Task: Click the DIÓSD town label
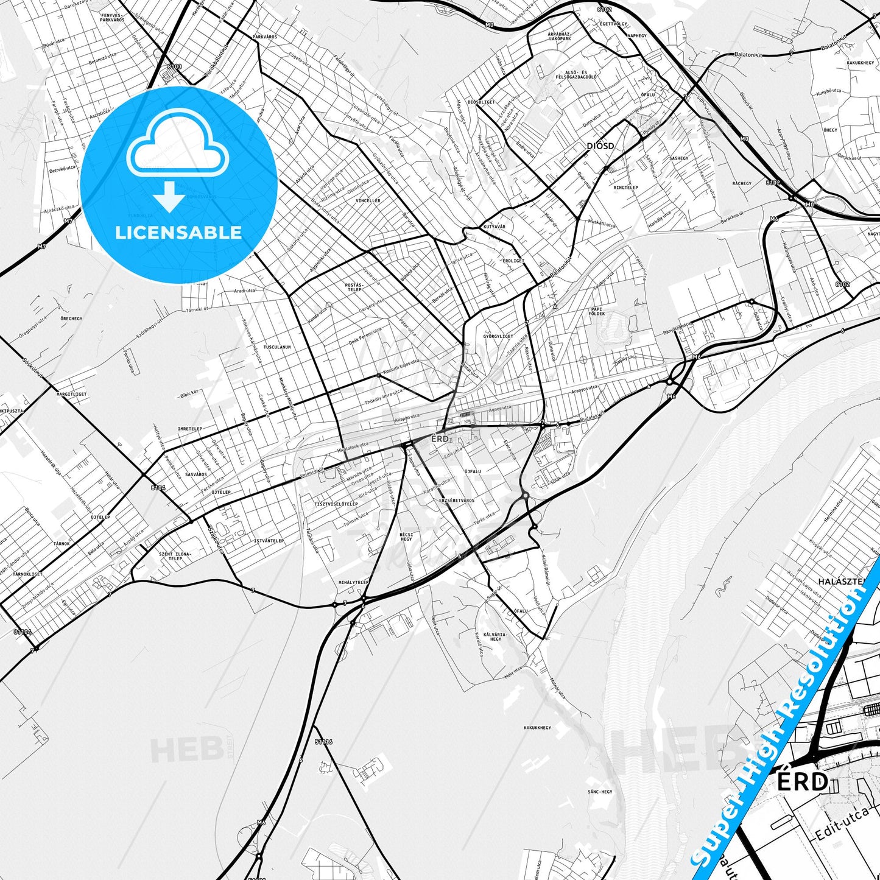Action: point(600,146)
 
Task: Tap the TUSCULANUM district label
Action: point(277,347)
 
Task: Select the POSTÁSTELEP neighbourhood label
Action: point(354,287)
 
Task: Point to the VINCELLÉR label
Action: point(368,200)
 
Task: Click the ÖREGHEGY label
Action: point(71,319)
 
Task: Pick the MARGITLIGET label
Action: point(72,394)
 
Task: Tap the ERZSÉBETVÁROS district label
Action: point(456,500)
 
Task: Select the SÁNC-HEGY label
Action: point(600,792)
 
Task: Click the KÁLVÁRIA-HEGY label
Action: point(496,636)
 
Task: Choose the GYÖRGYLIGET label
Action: point(498,336)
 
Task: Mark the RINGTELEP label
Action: point(625,188)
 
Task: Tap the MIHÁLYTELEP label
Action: point(354,582)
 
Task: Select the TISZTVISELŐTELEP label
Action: point(336,504)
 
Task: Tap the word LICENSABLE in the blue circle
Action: point(178,232)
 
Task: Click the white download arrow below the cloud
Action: point(169,196)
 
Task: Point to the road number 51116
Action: point(324,742)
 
